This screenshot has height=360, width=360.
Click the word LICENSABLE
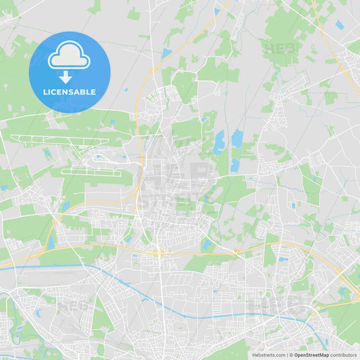[x=69, y=92]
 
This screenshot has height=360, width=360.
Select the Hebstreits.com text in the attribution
[x=269, y=355]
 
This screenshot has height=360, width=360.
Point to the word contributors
[x=344, y=355]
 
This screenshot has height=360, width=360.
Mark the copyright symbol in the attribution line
[x=290, y=355]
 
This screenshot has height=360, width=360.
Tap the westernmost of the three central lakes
[x=219, y=143]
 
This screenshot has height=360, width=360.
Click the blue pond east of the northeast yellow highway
[x=339, y=25]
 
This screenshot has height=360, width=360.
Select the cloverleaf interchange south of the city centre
[x=159, y=252]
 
